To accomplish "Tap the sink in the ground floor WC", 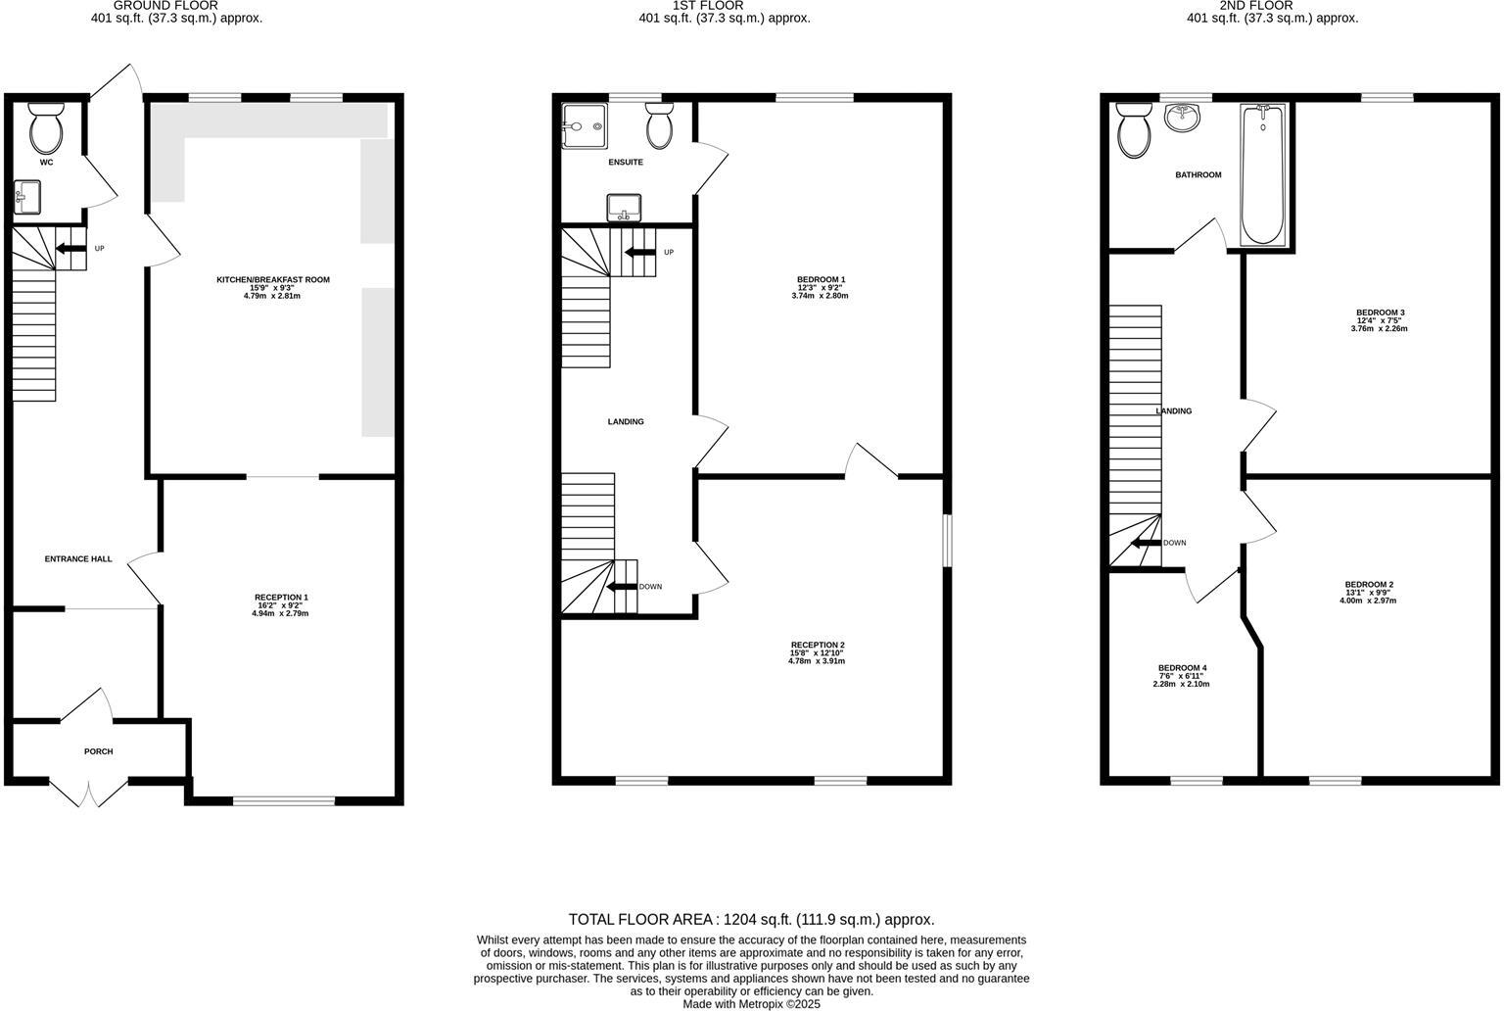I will (26, 197).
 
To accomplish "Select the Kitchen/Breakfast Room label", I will (272, 280).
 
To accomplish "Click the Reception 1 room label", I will (281, 598).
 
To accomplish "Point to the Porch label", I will (99, 752).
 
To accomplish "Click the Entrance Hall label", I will (78, 559).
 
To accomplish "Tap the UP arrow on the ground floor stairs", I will (70, 249).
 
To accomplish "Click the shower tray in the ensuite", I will (585, 127).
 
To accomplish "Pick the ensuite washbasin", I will (624, 208).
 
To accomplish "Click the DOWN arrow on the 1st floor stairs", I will (621, 587).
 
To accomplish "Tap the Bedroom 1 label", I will (821, 280).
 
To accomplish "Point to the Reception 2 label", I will (817, 645).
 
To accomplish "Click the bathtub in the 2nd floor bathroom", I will (1264, 174).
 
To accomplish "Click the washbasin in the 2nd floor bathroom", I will (1184, 118).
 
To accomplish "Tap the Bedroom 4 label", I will (1182, 668).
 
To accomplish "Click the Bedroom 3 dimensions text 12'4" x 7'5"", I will (1380, 321).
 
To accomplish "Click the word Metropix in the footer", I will (774, 1004).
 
